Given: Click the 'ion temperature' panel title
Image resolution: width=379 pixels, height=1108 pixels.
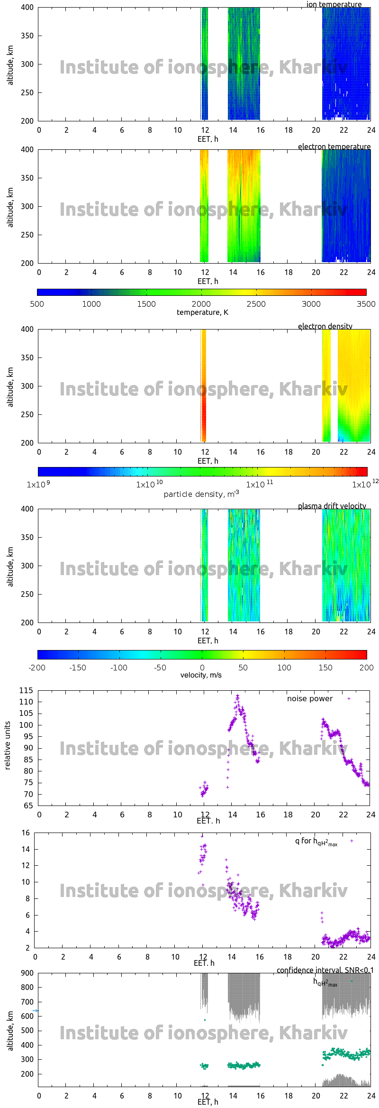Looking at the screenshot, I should tap(334, 5).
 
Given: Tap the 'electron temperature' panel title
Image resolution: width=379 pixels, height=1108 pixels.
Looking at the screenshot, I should tap(334, 147).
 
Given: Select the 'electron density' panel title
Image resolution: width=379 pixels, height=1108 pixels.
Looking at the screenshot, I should tap(325, 326).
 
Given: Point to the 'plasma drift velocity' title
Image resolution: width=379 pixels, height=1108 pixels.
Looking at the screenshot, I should tap(332, 506).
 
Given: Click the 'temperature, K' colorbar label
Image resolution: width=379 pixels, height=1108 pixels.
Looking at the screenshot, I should tap(202, 312).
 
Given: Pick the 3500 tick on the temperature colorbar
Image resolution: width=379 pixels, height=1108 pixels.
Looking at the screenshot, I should tap(366, 304).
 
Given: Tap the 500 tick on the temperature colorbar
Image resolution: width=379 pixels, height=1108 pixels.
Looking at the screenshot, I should tap(37, 304).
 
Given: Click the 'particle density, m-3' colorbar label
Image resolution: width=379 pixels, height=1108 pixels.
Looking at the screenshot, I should tap(201, 494).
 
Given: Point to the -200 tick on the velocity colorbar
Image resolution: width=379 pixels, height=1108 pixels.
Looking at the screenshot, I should tap(37, 668).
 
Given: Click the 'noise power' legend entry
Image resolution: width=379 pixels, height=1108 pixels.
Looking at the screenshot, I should tap(310, 699).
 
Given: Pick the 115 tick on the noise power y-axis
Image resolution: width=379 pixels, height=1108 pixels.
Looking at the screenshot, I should tap(26, 690).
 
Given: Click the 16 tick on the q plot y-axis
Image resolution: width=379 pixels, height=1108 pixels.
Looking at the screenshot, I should tap(26, 833).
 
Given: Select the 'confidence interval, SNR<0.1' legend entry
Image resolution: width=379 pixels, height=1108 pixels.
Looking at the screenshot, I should tap(325, 970).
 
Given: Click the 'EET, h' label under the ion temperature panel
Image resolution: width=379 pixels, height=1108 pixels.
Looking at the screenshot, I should tap(208, 139).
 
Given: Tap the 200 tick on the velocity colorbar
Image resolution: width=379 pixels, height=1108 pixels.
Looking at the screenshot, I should tap(366, 668).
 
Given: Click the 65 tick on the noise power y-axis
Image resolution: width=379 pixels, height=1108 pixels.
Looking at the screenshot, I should tap(28, 806).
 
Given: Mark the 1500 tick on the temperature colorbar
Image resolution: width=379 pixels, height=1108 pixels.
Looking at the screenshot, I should tap(146, 304).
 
